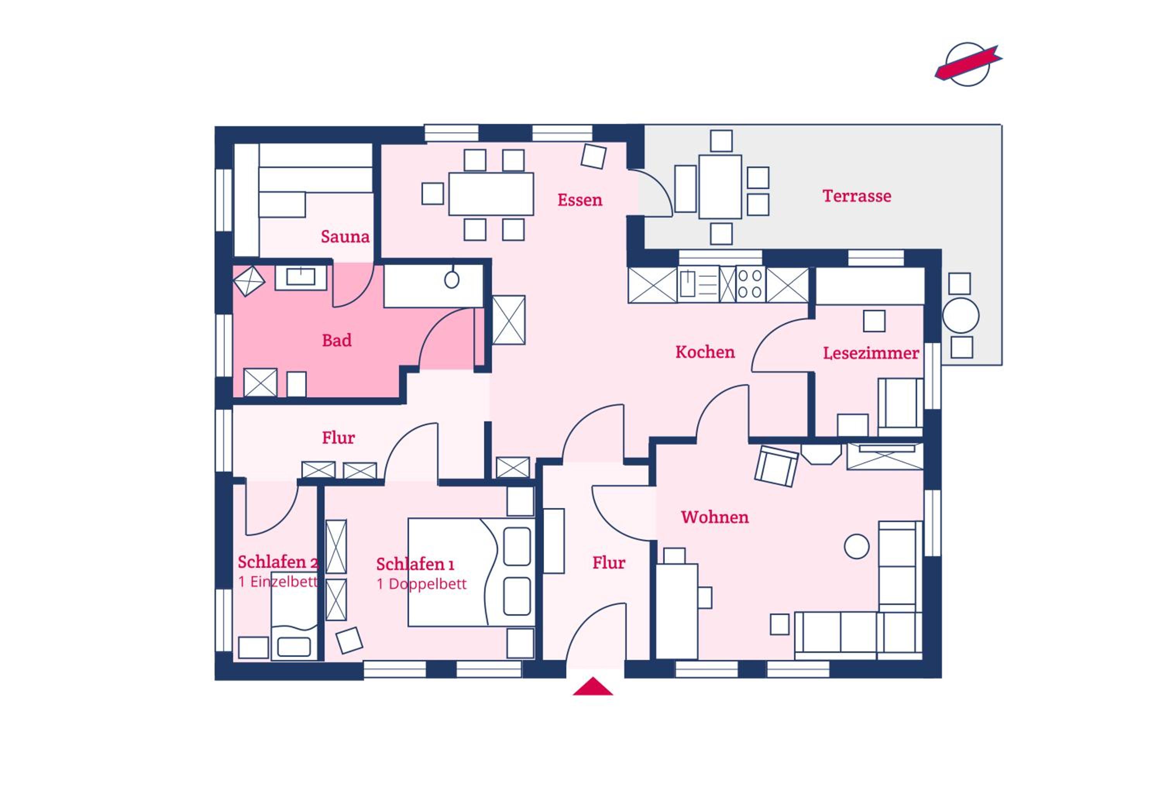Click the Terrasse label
tap(856, 196)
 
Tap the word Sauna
tap(345, 237)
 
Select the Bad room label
tap(337, 340)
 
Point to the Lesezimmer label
tap(871, 353)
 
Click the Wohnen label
tap(714, 517)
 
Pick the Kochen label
tap(705, 352)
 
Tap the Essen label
tap(580, 200)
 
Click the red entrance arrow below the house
tap(593, 686)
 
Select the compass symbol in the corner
tap(968, 64)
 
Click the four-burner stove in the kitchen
tap(750, 284)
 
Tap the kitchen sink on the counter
tap(687, 284)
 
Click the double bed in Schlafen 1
tap(471, 572)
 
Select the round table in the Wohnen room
tap(856, 546)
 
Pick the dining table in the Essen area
tap(491, 194)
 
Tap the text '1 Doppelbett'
tap(421, 584)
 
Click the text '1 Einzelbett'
tap(278, 582)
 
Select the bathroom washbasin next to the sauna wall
tap(301, 277)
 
